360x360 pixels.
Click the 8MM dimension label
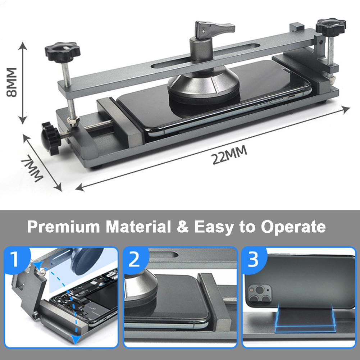12,82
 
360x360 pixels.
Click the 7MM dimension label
32,169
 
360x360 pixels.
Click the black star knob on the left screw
63,52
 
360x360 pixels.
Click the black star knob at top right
331,26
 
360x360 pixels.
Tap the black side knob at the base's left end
50,138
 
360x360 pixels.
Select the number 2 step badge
135,259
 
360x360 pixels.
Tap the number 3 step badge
254,259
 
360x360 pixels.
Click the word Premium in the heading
64,227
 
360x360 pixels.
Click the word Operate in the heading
293,227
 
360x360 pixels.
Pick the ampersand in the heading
183,227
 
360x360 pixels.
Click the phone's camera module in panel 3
259,294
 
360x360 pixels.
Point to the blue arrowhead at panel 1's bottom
75,339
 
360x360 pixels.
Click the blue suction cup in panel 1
87,261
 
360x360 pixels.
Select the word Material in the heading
138,227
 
